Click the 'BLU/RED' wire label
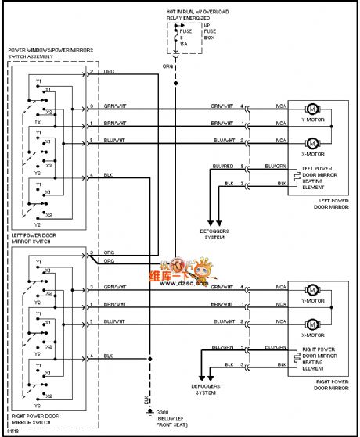222,167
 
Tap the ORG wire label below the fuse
167,66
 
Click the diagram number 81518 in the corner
13,431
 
